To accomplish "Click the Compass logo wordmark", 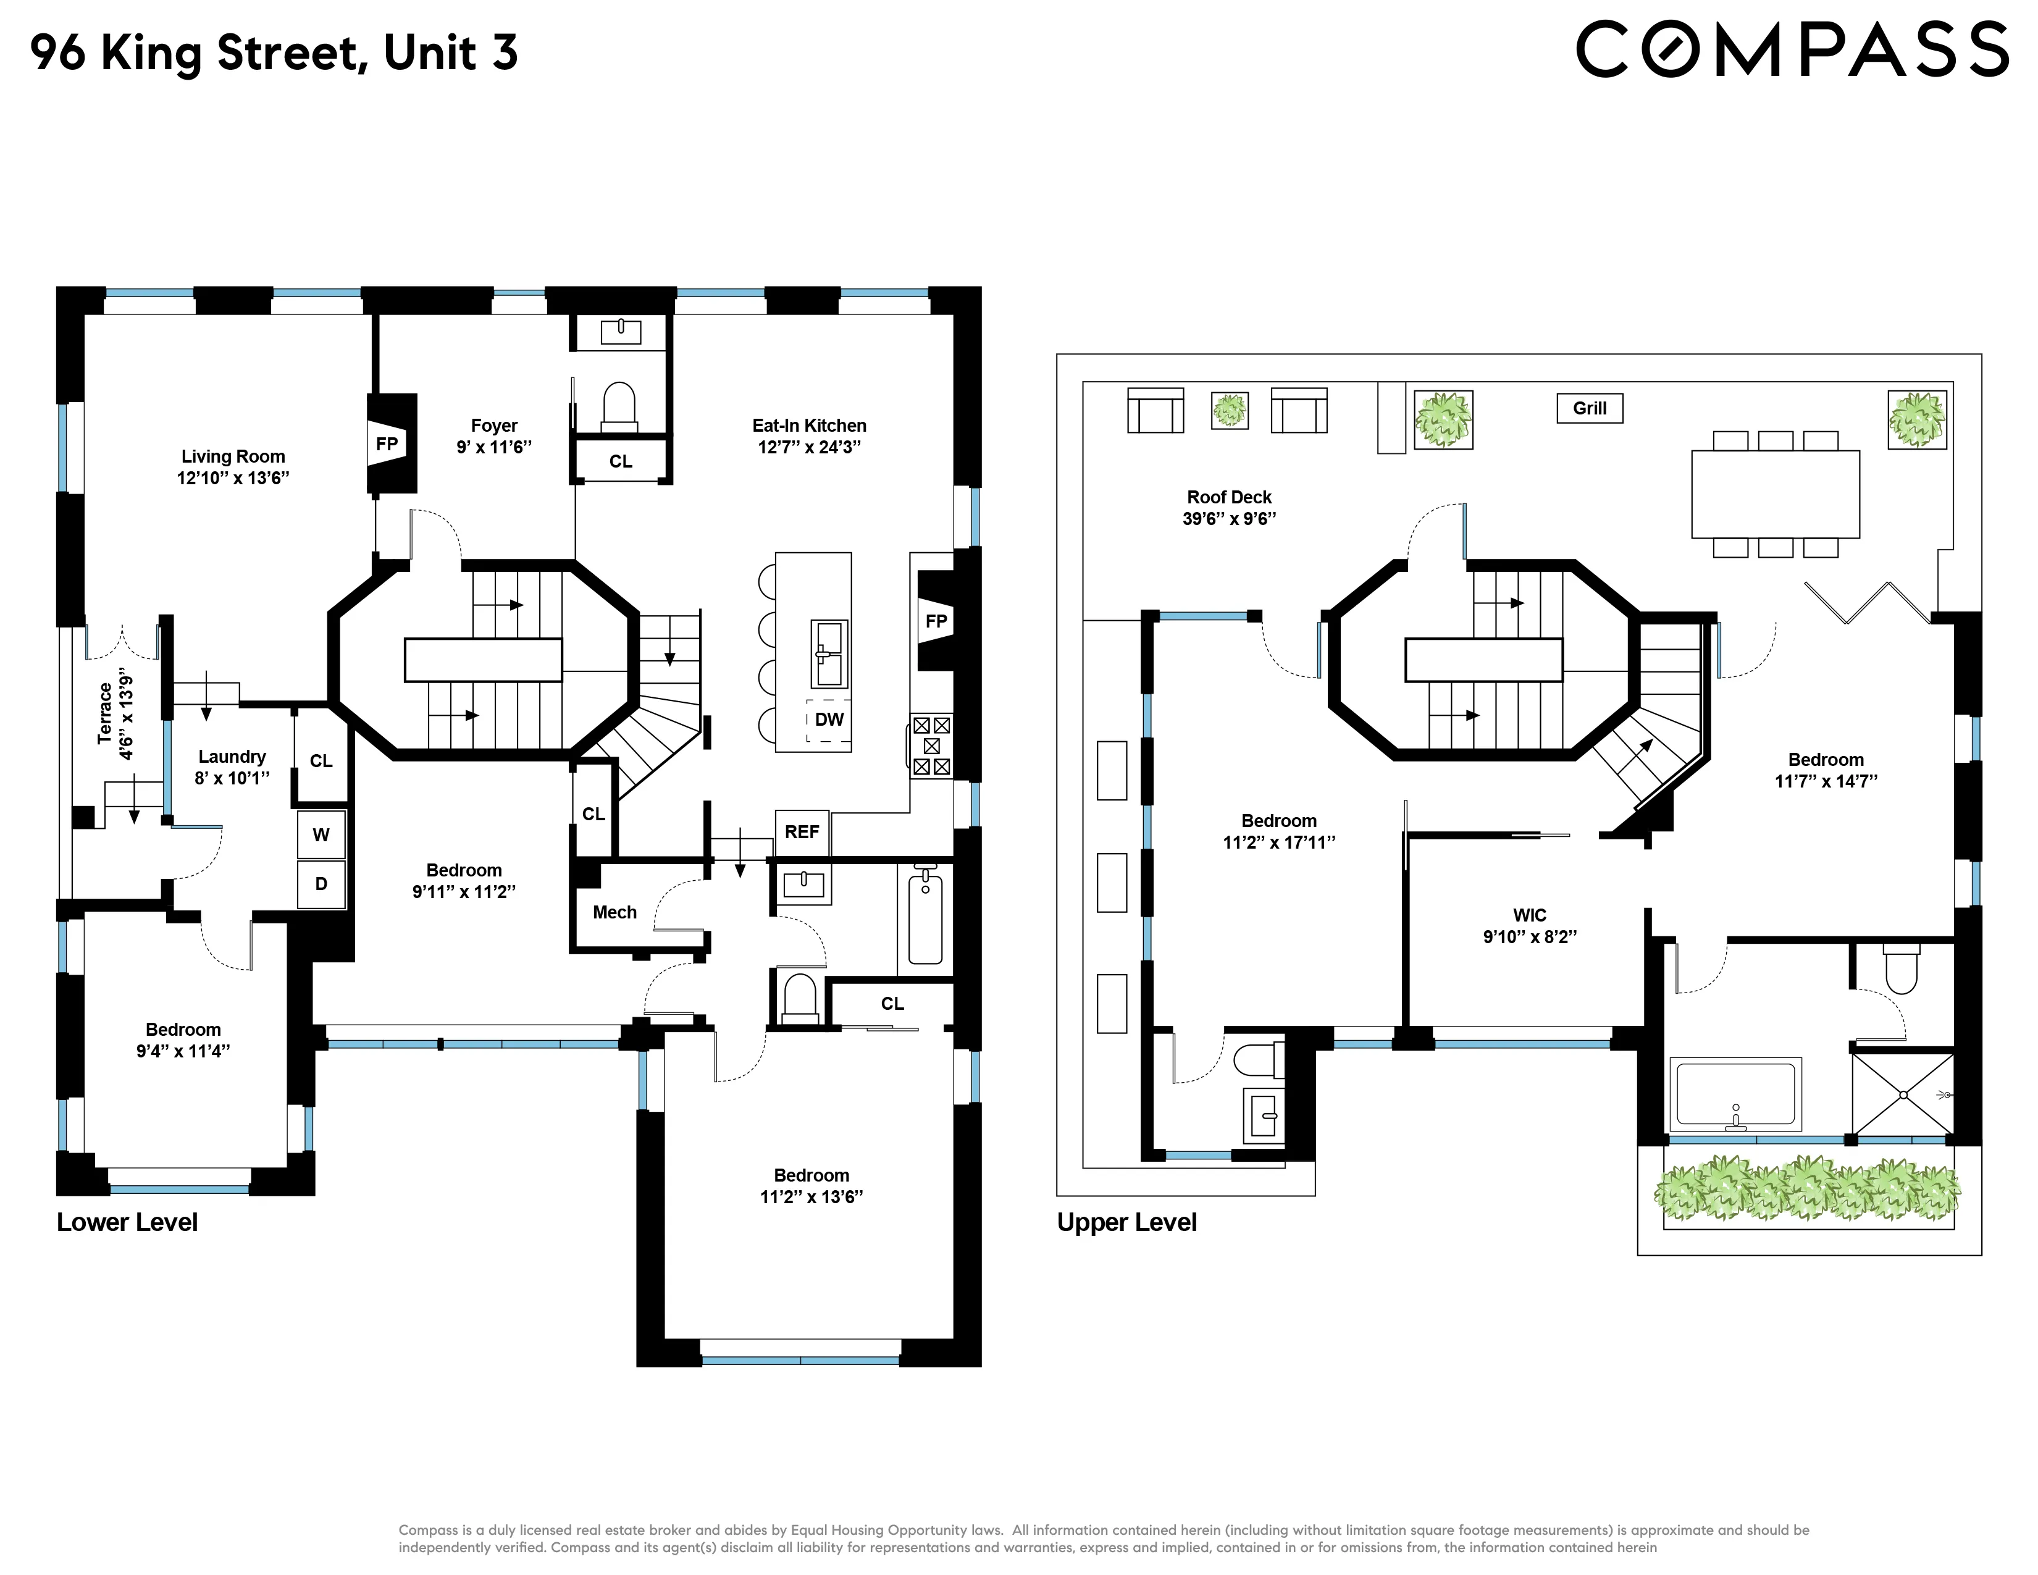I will tap(1792, 51).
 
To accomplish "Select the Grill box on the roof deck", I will tap(1589, 408).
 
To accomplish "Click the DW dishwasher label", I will tap(829, 720).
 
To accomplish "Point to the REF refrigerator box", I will tap(802, 831).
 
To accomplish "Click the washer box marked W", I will tap(321, 835).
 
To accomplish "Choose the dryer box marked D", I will tap(321, 884).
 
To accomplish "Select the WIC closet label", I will tap(1530, 915).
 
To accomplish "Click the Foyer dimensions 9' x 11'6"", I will tap(493, 447).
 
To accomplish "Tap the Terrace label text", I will tap(106, 714).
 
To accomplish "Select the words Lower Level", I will tap(127, 1222).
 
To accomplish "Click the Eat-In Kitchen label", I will tap(809, 426).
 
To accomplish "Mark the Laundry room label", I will tap(232, 757).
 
